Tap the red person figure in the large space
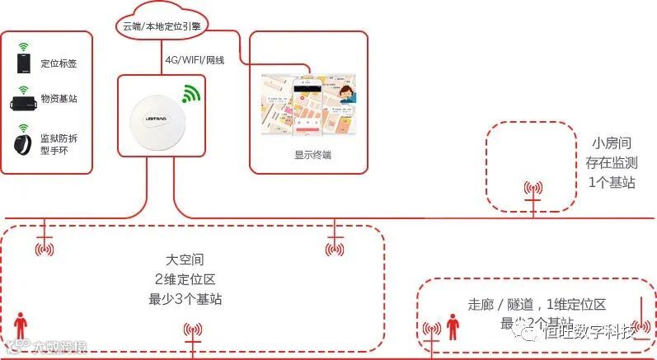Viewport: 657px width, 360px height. point(19,325)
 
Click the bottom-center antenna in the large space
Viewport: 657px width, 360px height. point(192,334)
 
